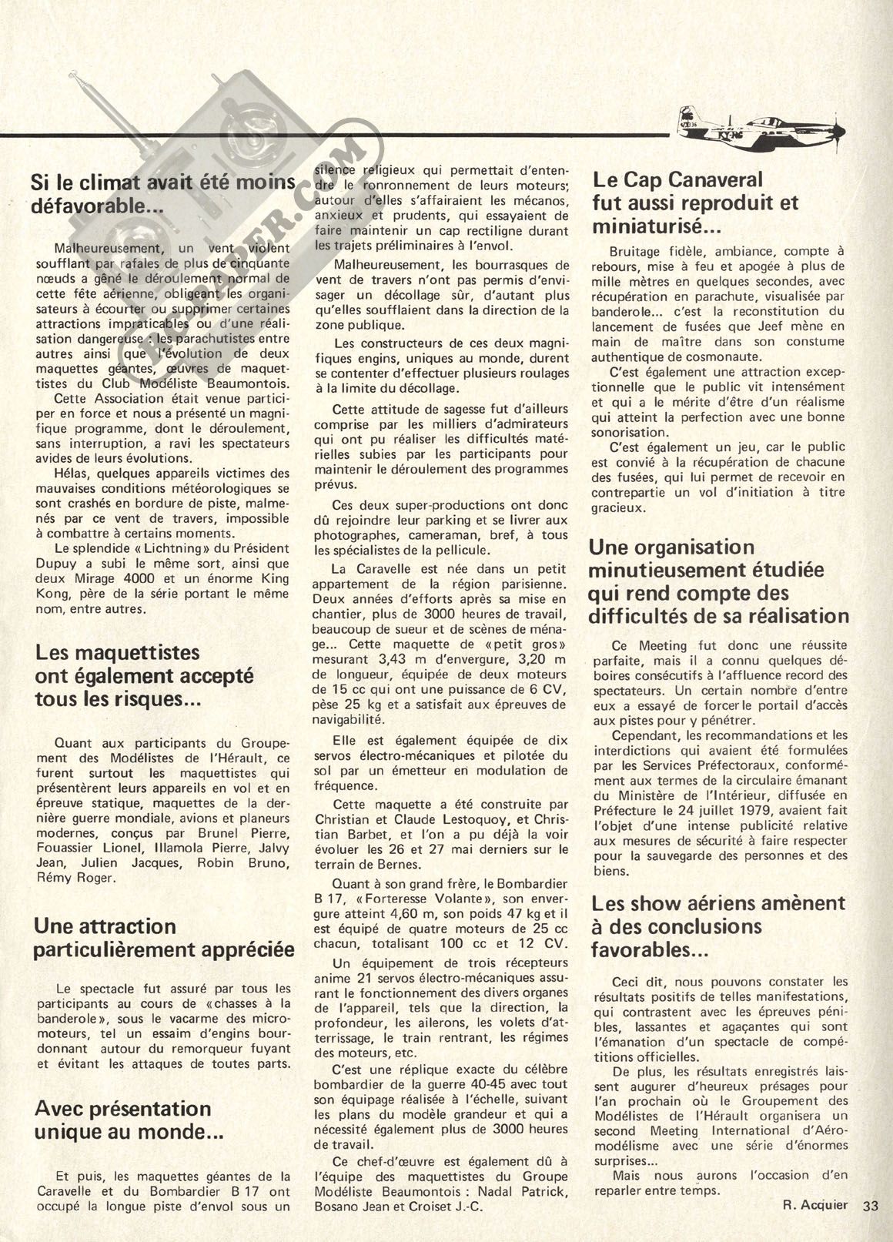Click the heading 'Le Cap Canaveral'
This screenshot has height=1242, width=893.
tap(677, 180)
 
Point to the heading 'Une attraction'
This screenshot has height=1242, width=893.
tap(106, 926)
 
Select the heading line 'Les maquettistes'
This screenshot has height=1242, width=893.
tap(118, 652)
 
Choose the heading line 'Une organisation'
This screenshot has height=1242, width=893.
tap(671, 547)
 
